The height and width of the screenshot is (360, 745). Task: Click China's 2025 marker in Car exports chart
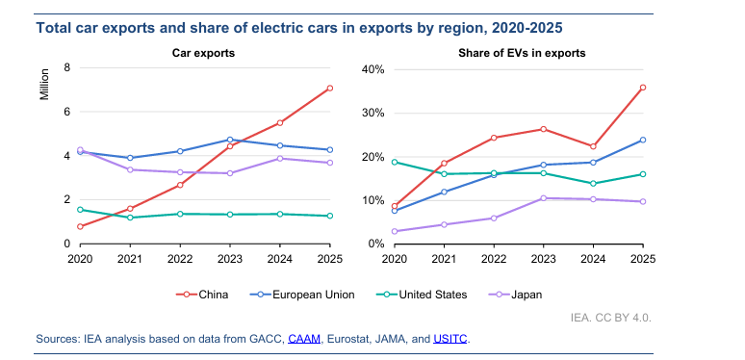[x=330, y=88]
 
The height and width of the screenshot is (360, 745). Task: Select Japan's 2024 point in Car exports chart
[x=280, y=159]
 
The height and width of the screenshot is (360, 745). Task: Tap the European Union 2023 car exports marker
[x=230, y=140]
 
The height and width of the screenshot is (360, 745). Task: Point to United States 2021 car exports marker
[x=130, y=218]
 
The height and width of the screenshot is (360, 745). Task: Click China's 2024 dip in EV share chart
[x=593, y=146]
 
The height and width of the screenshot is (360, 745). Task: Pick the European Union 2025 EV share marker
[x=643, y=140]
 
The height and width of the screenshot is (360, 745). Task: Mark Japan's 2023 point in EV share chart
[x=544, y=198]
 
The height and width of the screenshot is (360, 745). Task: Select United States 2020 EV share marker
[x=395, y=162]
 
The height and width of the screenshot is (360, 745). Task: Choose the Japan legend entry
[x=516, y=295]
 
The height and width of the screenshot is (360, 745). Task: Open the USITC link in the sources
[x=450, y=339]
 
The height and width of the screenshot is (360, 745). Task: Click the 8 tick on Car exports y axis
[x=67, y=67]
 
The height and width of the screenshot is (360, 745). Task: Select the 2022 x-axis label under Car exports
[x=180, y=259]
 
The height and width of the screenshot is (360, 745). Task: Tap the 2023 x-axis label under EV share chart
[x=544, y=259]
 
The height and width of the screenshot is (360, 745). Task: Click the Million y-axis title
[x=44, y=85]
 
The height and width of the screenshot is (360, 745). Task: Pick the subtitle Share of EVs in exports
[x=522, y=53]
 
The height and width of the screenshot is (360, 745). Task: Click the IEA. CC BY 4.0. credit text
[x=611, y=318]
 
